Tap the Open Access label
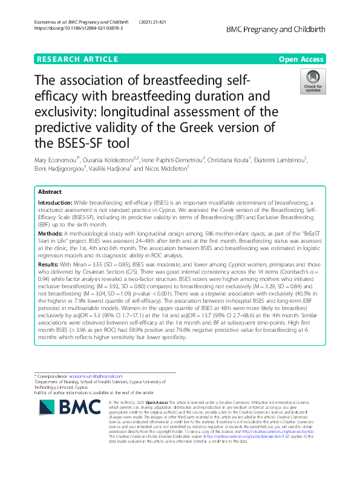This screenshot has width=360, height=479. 301,59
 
